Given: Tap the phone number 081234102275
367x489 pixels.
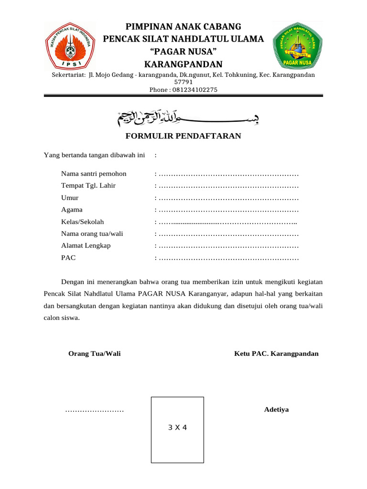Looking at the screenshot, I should pos(183,89).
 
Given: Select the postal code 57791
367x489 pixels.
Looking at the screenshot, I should pos(183,82).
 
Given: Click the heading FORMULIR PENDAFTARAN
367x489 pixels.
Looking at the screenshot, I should pos(183,136).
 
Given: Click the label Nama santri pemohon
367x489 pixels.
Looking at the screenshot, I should pos(94,173).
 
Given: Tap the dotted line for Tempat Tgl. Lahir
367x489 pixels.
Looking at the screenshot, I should pos(228,186).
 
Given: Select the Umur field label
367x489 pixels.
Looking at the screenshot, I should pos(70,198).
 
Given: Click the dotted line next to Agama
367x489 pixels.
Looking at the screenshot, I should pos(228,210).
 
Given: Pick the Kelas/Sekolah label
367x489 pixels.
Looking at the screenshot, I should pos(82,222).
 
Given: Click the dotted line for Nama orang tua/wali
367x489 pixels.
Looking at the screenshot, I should pos(228,234).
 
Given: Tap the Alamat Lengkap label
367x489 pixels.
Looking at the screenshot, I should pos(86,245).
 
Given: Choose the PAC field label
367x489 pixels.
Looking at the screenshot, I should pos(68,258).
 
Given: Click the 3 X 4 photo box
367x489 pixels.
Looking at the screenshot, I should pos(177,429).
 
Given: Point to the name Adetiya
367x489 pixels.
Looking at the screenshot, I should pos(276,410).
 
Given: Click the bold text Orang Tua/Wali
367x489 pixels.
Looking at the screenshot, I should pos(95,354).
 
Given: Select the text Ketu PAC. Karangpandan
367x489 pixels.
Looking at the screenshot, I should pos(276,354).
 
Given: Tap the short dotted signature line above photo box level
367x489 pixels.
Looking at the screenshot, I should pos(94,411).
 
